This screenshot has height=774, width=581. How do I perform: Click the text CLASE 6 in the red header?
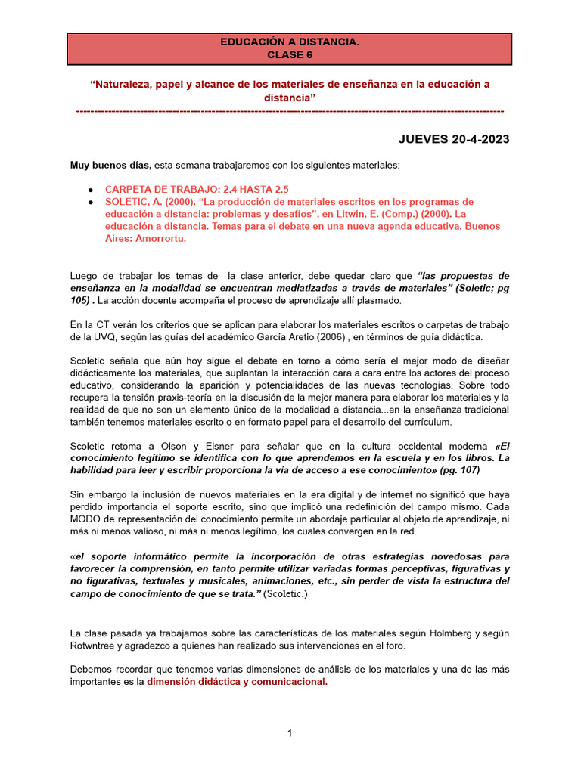[x=290, y=54]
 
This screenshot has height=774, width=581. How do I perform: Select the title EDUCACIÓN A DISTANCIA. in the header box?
[x=290, y=43]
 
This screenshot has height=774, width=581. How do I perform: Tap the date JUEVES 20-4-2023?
[x=454, y=139]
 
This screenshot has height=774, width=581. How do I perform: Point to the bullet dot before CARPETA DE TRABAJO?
[x=91, y=190]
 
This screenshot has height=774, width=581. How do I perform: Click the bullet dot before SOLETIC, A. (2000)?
[x=91, y=202]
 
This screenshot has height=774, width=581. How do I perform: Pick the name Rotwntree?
[x=95, y=646]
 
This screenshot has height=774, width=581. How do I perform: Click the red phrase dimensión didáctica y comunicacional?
[x=237, y=682]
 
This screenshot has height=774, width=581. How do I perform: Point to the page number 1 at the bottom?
[x=290, y=733]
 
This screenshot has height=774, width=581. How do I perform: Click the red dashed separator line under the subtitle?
[x=290, y=111]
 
